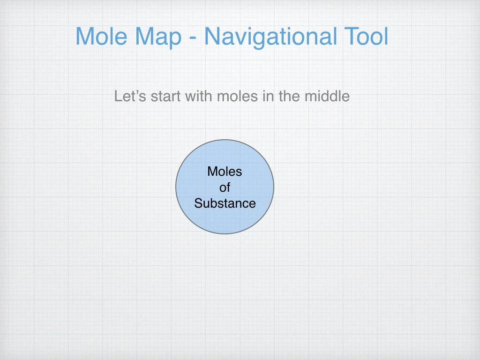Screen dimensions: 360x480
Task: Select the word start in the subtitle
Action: click(166, 97)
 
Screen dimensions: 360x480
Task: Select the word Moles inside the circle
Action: click(225, 172)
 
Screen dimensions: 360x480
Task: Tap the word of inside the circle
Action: click(225, 187)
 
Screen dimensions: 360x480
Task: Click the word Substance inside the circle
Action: click(225, 203)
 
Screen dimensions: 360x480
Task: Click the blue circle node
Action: click(225, 220)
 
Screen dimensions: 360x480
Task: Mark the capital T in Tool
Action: click(346, 37)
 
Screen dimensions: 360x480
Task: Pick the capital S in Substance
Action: click(198, 203)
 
